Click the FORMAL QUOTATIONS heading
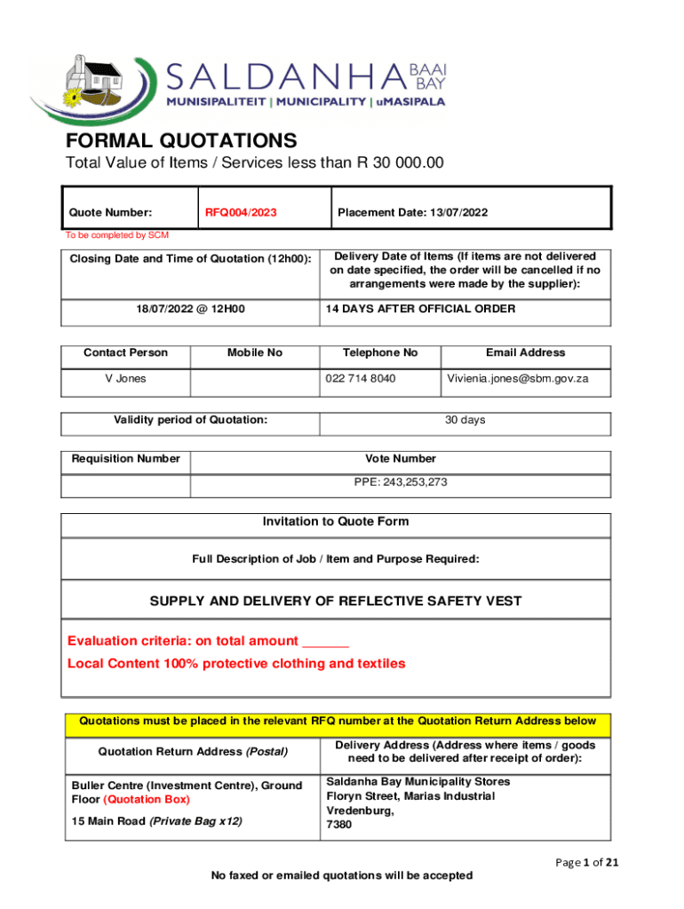click(x=181, y=140)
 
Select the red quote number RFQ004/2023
click(x=241, y=213)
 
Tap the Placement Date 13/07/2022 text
click(x=412, y=213)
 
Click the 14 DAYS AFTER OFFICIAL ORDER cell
click(x=420, y=309)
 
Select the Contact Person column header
click(x=125, y=352)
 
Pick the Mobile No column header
click(x=254, y=352)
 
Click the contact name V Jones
click(x=126, y=378)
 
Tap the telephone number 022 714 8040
click(x=361, y=378)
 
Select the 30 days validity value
click(x=465, y=420)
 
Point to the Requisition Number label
click(x=126, y=459)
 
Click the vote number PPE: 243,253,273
click(x=401, y=483)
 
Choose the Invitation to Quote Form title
click(x=336, y=522)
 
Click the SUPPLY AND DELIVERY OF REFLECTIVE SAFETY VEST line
click(x=336, y=601)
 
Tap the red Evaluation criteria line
click(x=208, y=641)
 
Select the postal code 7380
click(x=339, y=825)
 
